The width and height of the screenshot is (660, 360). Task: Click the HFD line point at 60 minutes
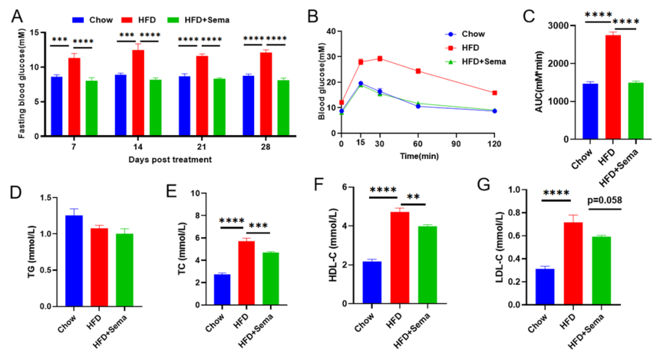(x=417, y=71)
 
